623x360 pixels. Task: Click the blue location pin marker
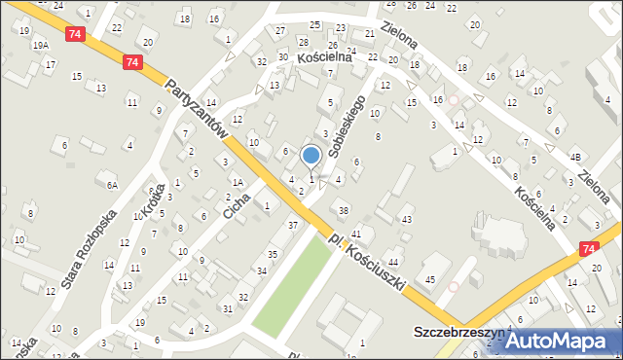[x=311, y=156]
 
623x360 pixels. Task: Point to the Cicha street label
[x=236, y=198]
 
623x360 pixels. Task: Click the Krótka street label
[x=150, y=203]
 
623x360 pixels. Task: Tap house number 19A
[x=40, y=46]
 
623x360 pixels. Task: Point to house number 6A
[x=113, y=185]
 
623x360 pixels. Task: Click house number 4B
[x=575, y=157]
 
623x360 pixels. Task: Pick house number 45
[x=429, y=281]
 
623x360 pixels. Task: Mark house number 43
[x=406, y=220]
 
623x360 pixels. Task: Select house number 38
[x=343, y=210]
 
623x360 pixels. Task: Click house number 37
[x=292, y=226]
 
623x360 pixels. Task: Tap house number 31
[x=227, y=308]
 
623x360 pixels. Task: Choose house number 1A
[x=237, y=181]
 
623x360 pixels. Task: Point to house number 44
[x=393, y=263]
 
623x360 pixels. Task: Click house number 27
[x=280, y=31]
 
